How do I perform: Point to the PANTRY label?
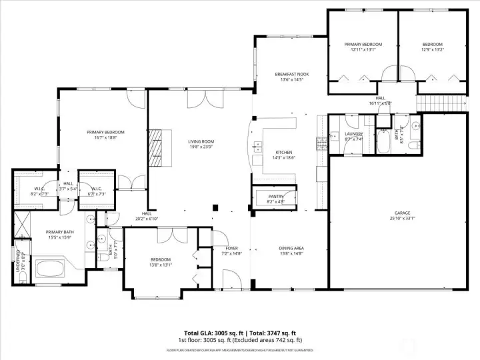coord(275,196)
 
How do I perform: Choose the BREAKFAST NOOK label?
coord(291,74)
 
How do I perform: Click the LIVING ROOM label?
coord(200,141)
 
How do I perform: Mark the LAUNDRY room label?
coord(353,134)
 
